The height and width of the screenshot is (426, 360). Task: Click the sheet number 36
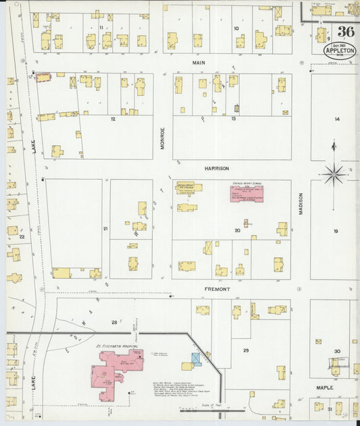(x=345, y=32)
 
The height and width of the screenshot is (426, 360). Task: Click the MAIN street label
(x=198, y=63)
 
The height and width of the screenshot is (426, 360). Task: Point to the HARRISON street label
(x=217, y=168)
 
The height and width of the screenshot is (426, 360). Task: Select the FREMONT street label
(x=218, y=289)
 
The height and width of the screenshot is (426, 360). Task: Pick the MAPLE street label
(x=326, y=388)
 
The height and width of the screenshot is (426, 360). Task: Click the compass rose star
(x=333, y=174)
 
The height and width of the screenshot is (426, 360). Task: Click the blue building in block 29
(x=196, y=358)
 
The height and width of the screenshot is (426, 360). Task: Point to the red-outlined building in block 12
(x=43, y=78)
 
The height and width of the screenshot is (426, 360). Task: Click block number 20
(x=237, y=230)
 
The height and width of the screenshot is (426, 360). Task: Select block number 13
(x=233, y=119)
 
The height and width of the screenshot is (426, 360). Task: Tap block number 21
(x=105, y=229)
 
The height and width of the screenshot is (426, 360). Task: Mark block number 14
(x=336, y=119)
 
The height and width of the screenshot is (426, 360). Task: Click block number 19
(x=335, y=231)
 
